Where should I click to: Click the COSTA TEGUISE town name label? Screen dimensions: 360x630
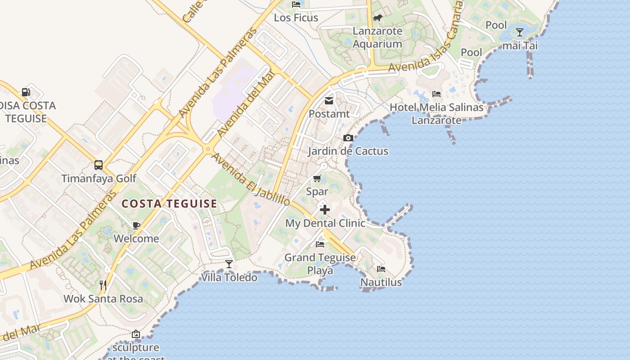[x=170, y=204]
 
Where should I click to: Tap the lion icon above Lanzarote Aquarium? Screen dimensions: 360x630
[x=377, y=18]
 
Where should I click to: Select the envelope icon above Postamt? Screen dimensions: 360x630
[x=329, y=101]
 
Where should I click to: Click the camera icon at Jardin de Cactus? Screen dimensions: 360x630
[x=348, y=138]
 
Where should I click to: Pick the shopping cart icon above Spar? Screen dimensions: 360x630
[x=317, y=179]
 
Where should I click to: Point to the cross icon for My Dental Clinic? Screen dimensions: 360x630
[x=325, y=210]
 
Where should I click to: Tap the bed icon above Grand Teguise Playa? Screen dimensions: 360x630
[x=320, y=244]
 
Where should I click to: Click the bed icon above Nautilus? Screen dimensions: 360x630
[x=381, y=269]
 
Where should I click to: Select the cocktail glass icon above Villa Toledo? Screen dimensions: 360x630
[x=229, y=264]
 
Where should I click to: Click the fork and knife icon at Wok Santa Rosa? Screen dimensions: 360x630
[x=103, y=285]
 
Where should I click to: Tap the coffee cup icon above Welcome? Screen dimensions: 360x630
[x=136, y=225]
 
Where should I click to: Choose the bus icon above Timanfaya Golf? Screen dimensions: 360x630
[x=99, y=165]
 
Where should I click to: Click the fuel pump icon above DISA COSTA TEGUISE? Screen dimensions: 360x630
[x=26, y=92]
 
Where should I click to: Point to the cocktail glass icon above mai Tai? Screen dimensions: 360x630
[x=520, y=32]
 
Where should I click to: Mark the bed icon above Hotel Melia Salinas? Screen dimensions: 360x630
[x=436, y=94]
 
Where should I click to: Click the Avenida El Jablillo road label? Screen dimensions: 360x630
[x=250, y=180]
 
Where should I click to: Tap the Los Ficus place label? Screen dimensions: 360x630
[x=296, y=18]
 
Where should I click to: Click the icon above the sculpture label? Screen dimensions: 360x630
[x=136, y=334]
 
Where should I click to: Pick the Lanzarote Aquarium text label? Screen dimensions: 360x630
[x=377, y=37]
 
